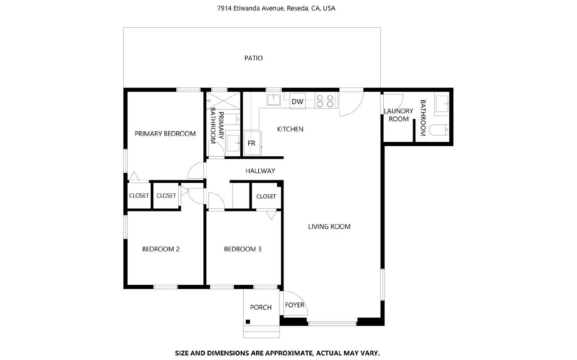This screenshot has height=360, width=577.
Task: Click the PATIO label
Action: click(x=254, y=58)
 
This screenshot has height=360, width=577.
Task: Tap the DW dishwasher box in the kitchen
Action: click(x=298, y=102)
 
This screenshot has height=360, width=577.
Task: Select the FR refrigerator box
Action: click(x=252, y=143)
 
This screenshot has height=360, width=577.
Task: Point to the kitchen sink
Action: click(x=274, y=99)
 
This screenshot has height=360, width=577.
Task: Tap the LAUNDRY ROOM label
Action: click(x=398, y=115)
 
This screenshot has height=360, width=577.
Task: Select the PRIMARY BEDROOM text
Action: click(x=165, y=134)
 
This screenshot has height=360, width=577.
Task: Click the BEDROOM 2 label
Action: click(x=161, y=249)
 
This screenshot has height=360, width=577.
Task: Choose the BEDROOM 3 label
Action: click(x=242, y=249)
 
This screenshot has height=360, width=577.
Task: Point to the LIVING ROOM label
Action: click(x=329, y=227)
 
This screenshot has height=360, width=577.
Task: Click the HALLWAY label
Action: click(x=260, y=171)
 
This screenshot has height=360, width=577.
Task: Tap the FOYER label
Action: click(x=295, y=305)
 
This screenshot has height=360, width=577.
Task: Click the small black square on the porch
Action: click(x=248, y=321)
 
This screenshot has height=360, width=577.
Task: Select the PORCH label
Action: click(x=261, y=307)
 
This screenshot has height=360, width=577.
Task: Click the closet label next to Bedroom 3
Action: click(x=266, y=196)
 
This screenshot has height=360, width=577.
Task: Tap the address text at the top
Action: click(x=276, y=8)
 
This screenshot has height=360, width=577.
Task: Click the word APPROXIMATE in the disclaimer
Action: click(x=283, y=353)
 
